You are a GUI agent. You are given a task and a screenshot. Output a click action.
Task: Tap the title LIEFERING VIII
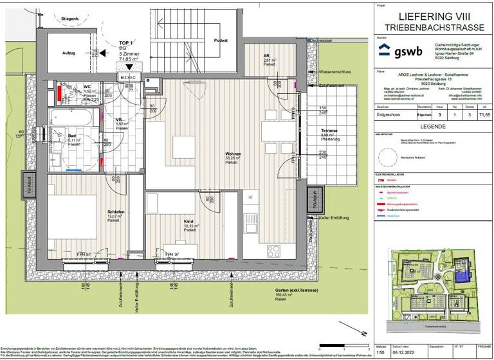[435, 16]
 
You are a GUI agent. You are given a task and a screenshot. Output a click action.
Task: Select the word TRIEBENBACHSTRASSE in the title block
[435, 28]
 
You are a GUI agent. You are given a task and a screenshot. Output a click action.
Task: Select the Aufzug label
[69, 53]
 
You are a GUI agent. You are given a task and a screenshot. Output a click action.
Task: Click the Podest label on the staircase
[221, 40]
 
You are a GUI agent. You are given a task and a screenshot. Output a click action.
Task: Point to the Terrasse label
[330, 130]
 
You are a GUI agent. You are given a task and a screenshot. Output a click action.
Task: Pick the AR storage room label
[266, 56]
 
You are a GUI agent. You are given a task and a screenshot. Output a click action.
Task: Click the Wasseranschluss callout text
[336, 72]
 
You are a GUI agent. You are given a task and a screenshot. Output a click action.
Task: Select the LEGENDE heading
[434, 127]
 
